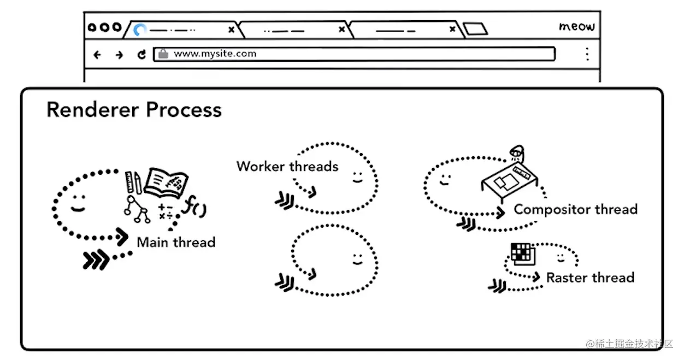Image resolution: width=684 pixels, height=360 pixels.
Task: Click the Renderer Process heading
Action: [x=134, y=110]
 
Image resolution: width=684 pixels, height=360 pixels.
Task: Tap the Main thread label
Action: [x=176, y=242]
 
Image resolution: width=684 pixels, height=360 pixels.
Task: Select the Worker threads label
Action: [x=287, y=167]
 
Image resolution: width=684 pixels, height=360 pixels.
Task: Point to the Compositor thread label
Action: [x=575, y=209]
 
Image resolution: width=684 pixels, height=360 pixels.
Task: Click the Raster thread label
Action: [x=590, y=278]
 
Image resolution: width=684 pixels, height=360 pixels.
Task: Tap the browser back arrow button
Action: [x=97, y=55]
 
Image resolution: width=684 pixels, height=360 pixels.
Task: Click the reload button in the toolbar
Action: [x=141, y=54]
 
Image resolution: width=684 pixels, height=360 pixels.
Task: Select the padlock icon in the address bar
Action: [x=162, y=54]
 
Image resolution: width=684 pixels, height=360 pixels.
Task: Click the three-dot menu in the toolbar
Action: [x=587, y=54]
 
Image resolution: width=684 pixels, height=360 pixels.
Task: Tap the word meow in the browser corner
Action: [x=576, y=26]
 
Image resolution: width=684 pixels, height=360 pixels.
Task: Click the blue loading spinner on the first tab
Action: [x=140, y=30]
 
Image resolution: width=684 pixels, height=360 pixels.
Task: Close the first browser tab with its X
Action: [x=231, y=29]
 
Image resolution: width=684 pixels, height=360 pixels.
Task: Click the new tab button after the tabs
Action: [x=474, y=28]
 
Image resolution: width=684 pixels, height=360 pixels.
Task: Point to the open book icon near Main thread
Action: [x=166, y=182]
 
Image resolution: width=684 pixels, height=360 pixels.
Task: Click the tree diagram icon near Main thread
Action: [x=137, y=209]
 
